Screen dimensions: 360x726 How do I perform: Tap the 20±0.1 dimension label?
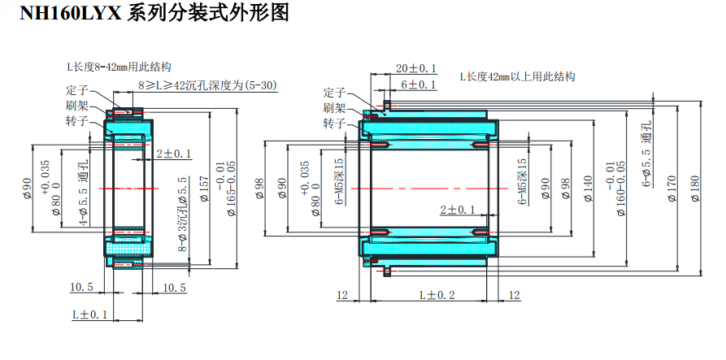[x=415, y=68]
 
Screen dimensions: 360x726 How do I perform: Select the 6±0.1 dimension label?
[x=419, y=85]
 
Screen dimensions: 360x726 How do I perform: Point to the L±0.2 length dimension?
[x=437, y=294]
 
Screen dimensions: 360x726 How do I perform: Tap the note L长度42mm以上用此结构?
[x=517, y=77]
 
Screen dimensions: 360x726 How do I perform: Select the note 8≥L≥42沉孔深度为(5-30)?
[x=206, y=85]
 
